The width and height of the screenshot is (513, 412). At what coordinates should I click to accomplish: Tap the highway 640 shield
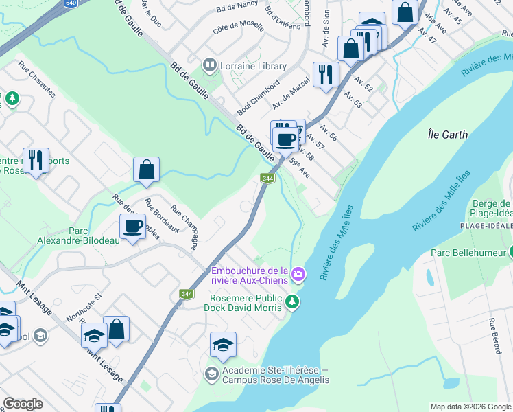point(71,3)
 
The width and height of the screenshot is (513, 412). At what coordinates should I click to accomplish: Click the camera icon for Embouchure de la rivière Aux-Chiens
point(298,275)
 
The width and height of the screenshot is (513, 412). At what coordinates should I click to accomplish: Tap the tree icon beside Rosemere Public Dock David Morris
point(292,301)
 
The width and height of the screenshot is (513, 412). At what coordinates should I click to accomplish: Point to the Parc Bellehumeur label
point(466,253)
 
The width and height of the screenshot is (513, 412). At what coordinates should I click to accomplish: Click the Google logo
point(23,404)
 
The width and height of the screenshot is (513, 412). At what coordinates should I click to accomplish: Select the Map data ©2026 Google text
point(470,407)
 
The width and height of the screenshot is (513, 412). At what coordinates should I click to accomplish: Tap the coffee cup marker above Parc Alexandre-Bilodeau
point(132,225)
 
